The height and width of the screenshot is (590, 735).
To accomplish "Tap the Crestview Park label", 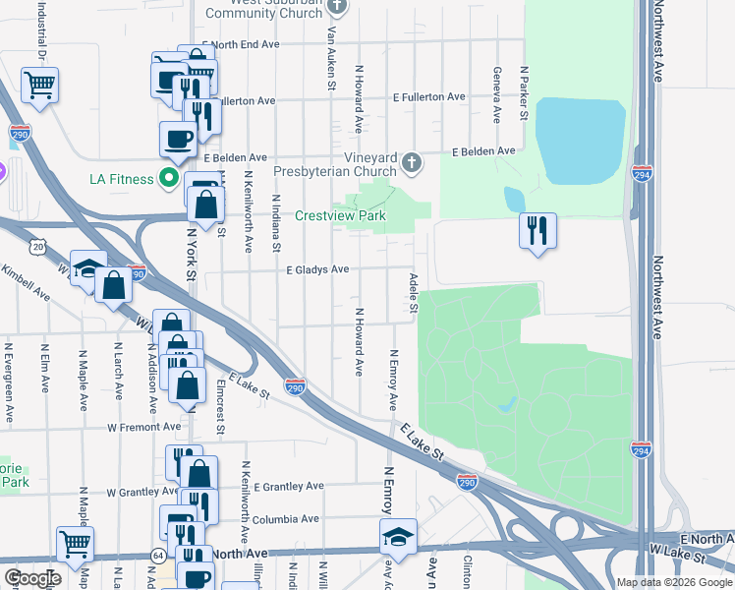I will coord(341,216).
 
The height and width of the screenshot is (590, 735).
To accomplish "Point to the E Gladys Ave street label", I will coord(317,269).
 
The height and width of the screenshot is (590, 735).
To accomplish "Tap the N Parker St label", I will coord(525,93).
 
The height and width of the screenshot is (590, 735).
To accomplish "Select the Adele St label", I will coord(414,294).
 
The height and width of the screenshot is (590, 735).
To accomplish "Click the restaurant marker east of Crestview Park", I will coord(537,231).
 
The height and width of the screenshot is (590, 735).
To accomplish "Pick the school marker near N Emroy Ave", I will coord(398,537).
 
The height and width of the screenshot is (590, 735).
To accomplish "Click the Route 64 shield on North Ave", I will coord(158,557).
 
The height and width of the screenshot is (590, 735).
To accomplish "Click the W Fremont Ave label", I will coord(144,427).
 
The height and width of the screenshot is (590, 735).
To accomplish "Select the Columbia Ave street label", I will coord(285,519).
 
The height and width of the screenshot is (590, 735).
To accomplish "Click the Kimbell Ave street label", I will coord(28,281).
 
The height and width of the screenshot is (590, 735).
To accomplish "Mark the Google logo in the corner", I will coord(32,578).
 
